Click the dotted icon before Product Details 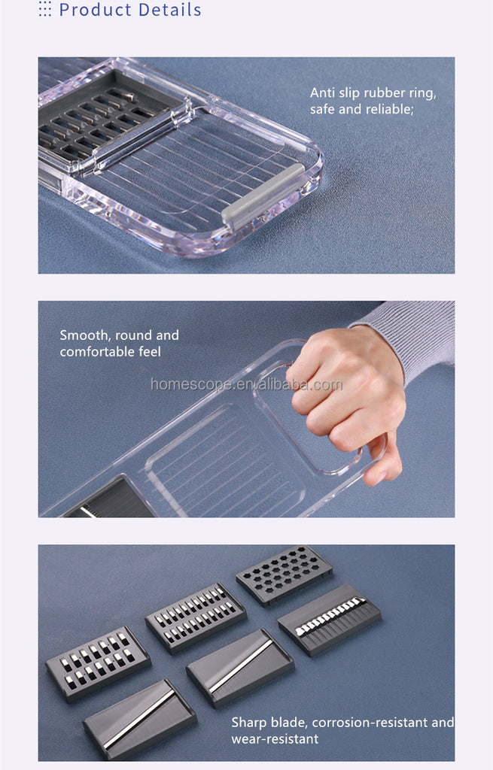pyautogui.click(x=45, y=9)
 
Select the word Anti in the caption pyautogui.click(x=324, y=93)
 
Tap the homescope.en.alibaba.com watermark pyautogui.click(x=246, y=385)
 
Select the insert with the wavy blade pyautogui.click(x=329, y=620)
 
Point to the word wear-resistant pyautogui.click(x=275, y=739)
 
